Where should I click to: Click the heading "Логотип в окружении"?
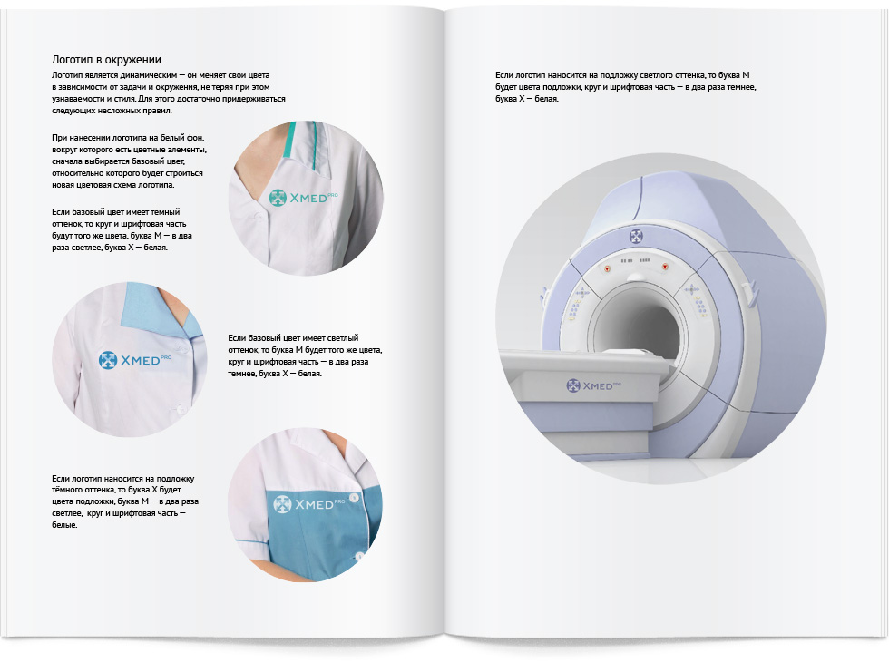tap(106, 60)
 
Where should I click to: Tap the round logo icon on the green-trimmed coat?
tap(278, 198)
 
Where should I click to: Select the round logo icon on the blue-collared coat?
tap(108, 360)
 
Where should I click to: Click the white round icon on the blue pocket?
tap(282, 504)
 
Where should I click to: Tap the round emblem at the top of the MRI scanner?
tap(636, 236)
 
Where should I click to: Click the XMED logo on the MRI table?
tap(593, 385)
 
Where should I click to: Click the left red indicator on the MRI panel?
tap(608, 268)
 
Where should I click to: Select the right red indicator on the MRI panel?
tap(665, 266)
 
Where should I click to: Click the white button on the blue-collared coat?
tap(181, 408)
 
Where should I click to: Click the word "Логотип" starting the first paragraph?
tap(67, 75)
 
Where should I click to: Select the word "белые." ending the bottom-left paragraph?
tap(64, 525)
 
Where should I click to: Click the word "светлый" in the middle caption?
tap(343, 337)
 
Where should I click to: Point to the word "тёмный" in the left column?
tap(164, 212)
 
